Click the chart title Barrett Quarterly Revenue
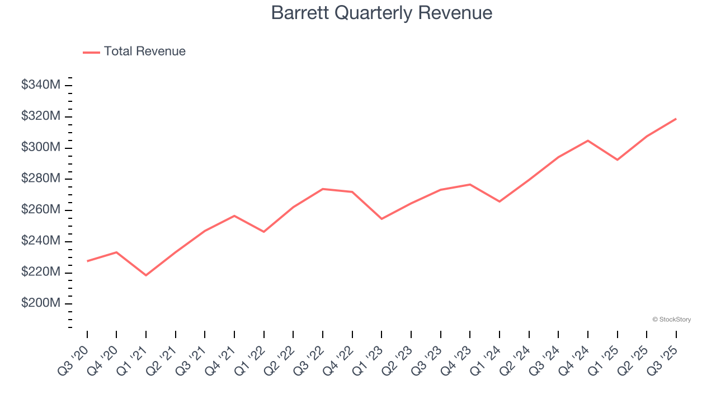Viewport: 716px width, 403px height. point(381,13)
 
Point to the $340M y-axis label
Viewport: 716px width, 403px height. point(41,85)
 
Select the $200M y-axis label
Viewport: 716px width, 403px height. point(41,303)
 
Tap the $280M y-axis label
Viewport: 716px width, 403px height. point(41,179)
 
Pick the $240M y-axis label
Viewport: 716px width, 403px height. point(41,241)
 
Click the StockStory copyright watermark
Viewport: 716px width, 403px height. point(671,320)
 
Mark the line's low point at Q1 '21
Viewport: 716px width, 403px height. point(146,275)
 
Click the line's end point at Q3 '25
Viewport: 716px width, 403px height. point(676,119)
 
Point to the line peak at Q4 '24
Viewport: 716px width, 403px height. point(588,140)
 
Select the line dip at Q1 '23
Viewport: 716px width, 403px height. point(381,219)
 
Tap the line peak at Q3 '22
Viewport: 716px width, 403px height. point(323,189)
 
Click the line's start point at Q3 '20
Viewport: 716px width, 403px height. point(87,261)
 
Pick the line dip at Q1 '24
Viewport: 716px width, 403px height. point(499,201)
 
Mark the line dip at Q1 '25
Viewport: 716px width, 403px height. point(617,160)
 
